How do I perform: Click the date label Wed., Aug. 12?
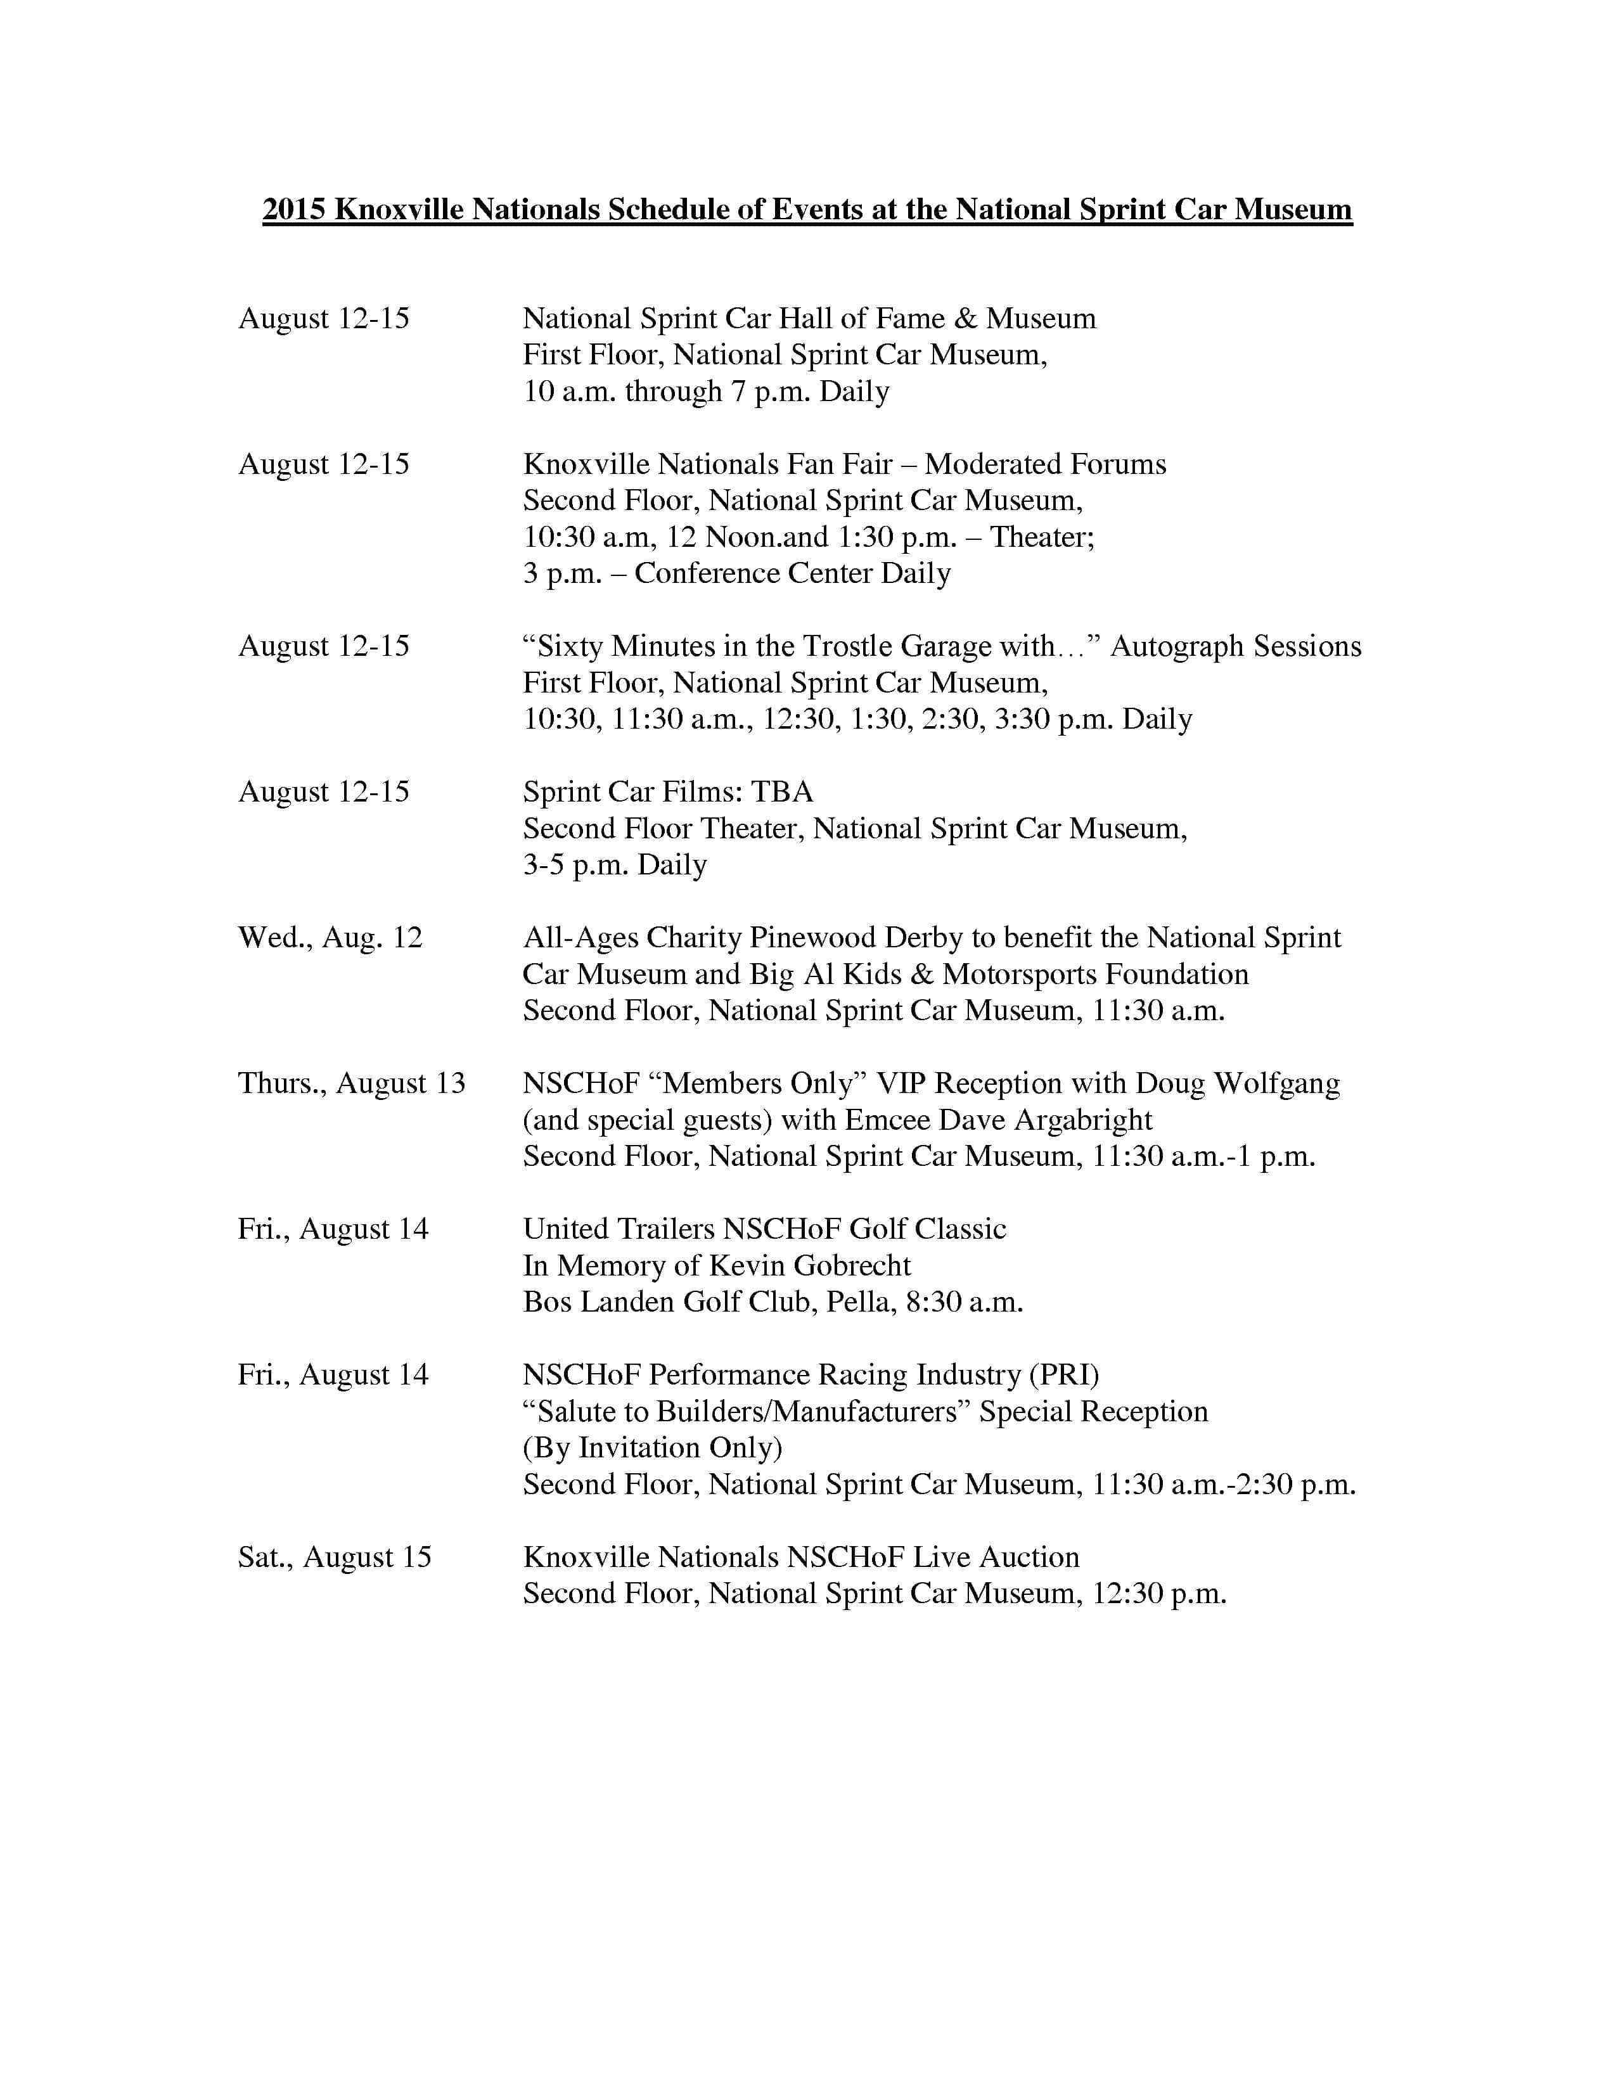[330, 937]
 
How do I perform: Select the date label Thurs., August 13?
[351, 1083]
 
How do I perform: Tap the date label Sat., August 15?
[334, 1557]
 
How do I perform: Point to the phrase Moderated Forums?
[1044, 464]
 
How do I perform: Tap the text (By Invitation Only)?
[652, 1448]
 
